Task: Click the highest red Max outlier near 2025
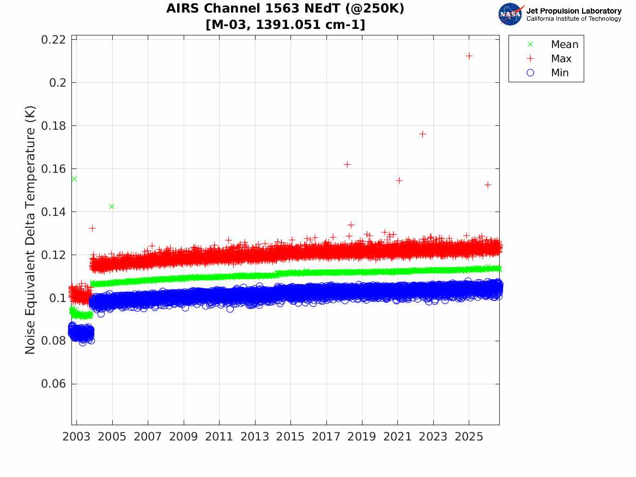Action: point(469,56)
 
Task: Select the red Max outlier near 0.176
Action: point(422,134)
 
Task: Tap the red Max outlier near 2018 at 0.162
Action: point(347,165)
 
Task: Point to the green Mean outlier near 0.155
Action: point(74,179)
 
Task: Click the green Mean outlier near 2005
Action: point(112,207)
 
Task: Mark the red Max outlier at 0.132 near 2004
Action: point(93,228)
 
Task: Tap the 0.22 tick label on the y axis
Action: point(53,40)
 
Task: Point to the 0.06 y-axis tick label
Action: point(53,384)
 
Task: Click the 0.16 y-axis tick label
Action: point(53,169)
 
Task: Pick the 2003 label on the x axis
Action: point(76,437)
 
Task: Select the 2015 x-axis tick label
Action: point(290,437)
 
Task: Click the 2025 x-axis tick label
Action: point(469,437)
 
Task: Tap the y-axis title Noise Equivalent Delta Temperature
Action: point(30,230)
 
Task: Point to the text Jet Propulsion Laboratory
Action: point(574,11)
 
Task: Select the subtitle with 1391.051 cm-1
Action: point(286,25)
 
